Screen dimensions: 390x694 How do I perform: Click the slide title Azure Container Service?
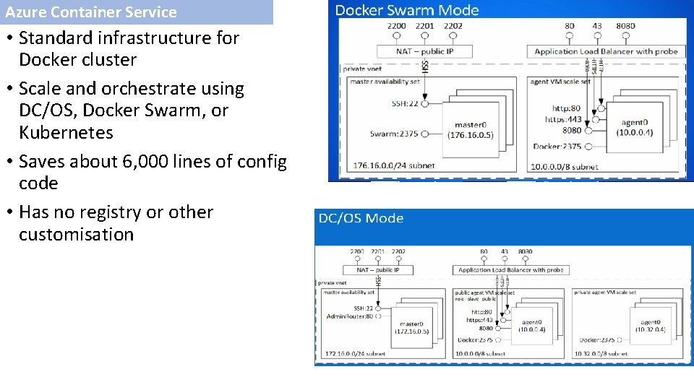[91, 12]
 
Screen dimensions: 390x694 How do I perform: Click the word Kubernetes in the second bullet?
[66, 133]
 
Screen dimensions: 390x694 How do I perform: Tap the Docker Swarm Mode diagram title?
[407, 10]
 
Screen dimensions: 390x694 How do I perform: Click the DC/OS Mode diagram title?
[361, 218]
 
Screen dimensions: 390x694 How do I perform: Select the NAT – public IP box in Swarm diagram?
[424, 51]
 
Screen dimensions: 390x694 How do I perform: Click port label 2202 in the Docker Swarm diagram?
[453, 26]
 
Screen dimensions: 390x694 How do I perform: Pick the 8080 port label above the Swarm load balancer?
[626, 26]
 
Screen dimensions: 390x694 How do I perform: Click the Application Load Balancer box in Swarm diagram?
[607, 51]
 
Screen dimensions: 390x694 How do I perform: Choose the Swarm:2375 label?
[394, 134]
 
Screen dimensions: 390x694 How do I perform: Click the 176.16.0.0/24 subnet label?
[395, 165]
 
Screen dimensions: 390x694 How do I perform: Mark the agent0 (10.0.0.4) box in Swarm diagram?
[635, 128]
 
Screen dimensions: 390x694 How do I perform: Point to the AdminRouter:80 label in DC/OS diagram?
[350, 316]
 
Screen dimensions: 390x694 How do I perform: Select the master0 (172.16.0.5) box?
[411, 327]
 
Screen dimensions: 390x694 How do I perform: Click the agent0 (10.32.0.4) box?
[650, 326]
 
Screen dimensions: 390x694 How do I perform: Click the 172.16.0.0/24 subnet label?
[355, 354]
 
